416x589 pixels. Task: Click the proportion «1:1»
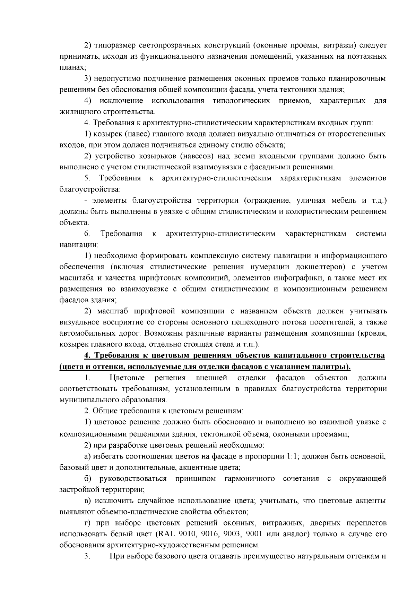[293, 456]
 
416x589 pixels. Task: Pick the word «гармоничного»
[250, 479]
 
